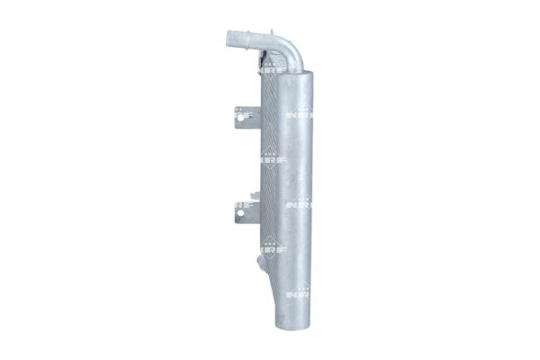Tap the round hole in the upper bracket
[x=238, y=113]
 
